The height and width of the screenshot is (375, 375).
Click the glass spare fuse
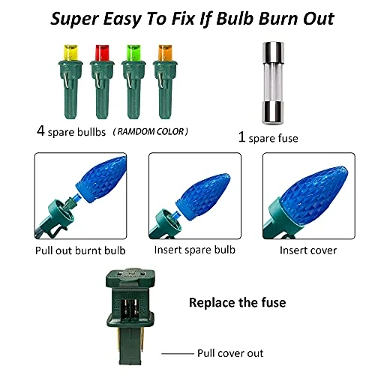[273, 83]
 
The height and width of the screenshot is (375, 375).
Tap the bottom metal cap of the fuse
[273, 113]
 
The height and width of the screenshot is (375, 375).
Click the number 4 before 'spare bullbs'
[40, 130]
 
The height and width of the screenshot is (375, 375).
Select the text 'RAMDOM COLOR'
[150, 132]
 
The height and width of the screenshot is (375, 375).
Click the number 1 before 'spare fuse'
[241, 137]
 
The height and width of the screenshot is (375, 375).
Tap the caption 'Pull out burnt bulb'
[80, 250]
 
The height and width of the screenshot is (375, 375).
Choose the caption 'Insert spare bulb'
[195, 250]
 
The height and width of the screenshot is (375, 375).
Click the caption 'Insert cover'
[308, 250]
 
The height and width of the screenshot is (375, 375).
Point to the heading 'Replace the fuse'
[238, 302]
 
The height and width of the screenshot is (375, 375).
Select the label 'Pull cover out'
[230, 353]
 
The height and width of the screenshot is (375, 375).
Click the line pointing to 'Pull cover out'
[178, 353]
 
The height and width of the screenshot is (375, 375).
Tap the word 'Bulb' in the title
[235, 19]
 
